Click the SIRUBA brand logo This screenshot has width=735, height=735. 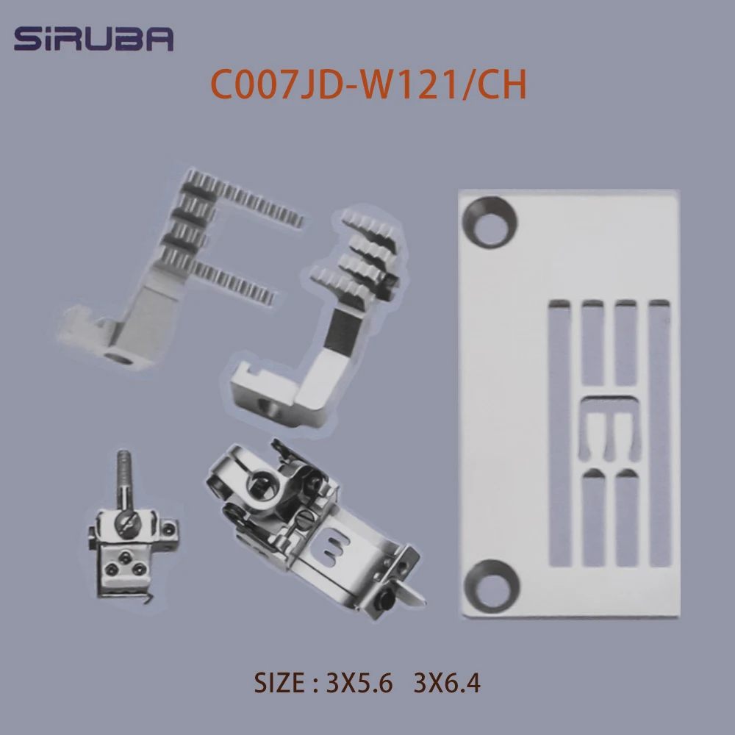tap(94, 38)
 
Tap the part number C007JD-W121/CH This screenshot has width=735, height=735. tap(368, 85)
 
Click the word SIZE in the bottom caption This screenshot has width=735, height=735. tap(280, 683)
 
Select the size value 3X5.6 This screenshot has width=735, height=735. tap(359, 683)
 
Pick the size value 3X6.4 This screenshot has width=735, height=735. tap(447, 683)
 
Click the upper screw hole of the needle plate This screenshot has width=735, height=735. tap(490, 223)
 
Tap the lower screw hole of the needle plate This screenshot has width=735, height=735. tap(491, 586)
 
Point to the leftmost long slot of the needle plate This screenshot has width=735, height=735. tap(559, 433)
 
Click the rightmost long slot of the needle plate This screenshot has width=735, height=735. tap(660, 433)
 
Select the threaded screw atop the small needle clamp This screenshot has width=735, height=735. tap(125, 481)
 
